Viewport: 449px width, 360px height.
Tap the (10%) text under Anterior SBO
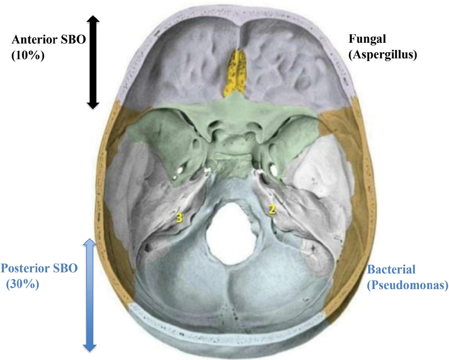tap(28, 55)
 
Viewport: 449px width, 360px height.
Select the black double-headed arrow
tap(93, 62)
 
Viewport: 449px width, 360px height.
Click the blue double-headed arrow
tap(90, 295)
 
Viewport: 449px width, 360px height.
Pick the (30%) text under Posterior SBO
tap(22, 284)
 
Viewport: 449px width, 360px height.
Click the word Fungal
tap(368, 39)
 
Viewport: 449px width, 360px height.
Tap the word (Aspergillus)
tap(383, 54)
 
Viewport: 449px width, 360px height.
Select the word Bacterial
tap(391, 270)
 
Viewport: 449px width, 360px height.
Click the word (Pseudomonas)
tap(408, 285)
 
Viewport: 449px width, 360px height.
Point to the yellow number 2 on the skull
tap(272, 209)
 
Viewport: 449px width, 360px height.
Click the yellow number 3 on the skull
tap(179, 218)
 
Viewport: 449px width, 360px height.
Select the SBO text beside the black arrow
tap(74, 39)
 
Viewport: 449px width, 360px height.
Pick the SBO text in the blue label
tap(66, 268)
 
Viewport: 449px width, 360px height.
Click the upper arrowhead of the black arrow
tap(93, 19)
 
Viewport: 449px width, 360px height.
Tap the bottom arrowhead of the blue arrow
tap(90, 348)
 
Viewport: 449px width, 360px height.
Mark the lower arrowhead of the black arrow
tap(93, 105)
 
